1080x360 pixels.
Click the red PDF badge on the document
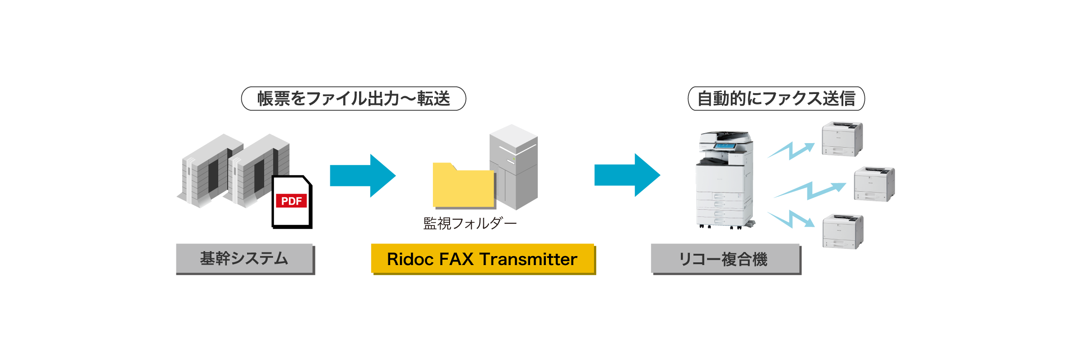(x=291, y=201)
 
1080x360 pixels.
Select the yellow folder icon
(x=463, y=187)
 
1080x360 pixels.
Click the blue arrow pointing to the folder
(x=362, y=175)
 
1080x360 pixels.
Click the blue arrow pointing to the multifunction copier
(x=627, y=175)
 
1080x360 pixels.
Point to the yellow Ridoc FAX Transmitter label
(x=482, y=259)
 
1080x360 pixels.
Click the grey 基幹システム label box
(x=244, y=258)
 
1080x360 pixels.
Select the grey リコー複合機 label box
(x=725, y=259)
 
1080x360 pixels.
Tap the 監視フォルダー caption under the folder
(x=470, y=223)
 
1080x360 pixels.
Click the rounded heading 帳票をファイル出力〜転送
(x=354, y=99)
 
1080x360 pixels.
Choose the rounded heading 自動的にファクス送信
(x=776, y=99)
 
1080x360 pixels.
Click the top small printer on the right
(x=842, y=139)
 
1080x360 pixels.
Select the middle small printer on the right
(x=874, y=184)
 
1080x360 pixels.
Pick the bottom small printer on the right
(x=843, y=231)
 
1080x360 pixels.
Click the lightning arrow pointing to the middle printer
(x=810, y=190)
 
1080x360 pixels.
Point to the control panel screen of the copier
(x=724, y=146)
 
